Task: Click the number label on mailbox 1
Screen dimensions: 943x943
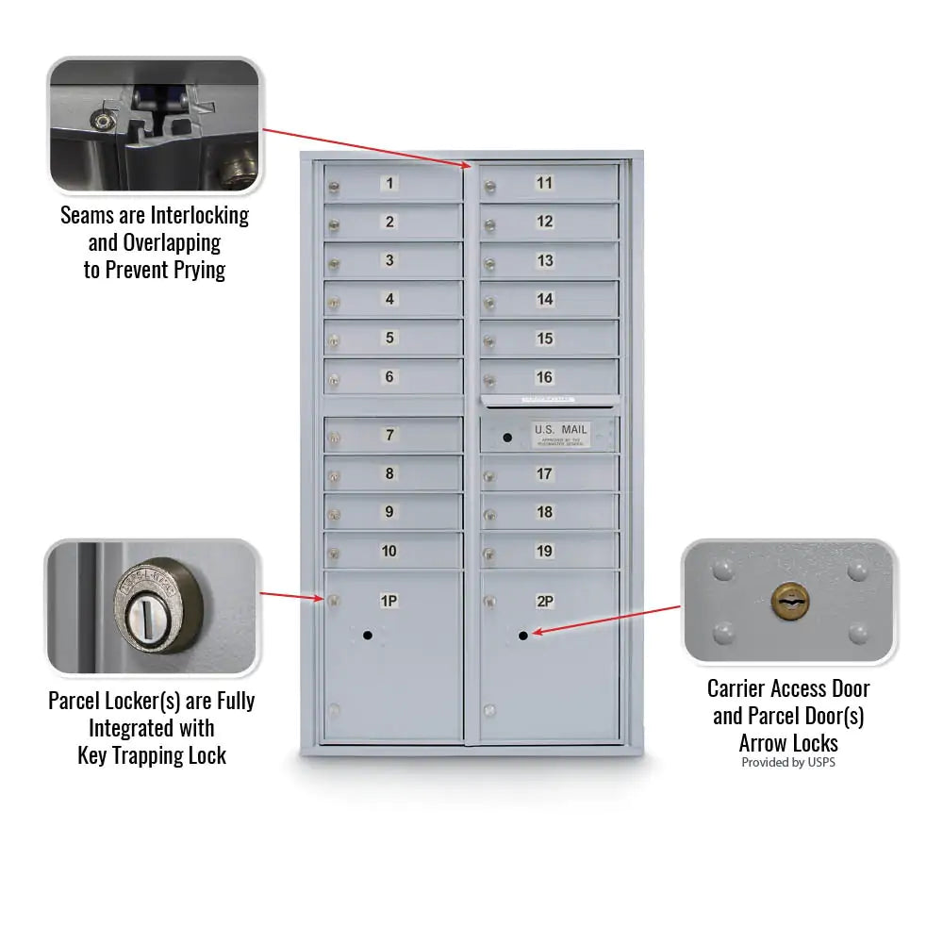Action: click(390, 183)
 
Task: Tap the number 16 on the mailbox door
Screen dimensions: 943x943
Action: click(544, 377)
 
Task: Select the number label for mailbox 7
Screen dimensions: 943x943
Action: click(389, 435)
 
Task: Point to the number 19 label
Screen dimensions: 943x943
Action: click(544, 551)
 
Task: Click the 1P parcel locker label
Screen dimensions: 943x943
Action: click(389, 600)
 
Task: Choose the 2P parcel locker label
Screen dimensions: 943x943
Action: click(544, 601)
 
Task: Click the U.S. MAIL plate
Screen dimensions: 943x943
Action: click(560, 433)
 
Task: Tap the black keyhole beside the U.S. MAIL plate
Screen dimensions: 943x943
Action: click(507, 438)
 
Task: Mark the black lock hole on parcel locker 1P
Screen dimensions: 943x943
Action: click(368, 636)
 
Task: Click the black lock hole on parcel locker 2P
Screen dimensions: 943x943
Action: click(522, 637)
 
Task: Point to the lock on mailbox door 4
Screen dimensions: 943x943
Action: click(333, 303)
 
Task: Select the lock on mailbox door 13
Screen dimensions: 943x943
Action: click(489, 264)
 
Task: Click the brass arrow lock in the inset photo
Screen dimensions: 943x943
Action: click(789, 598)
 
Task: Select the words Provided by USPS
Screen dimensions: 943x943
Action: click(787, 762)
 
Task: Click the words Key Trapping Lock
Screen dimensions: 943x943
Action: click(152, 755)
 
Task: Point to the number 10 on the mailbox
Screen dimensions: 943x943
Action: click(389, 551)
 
